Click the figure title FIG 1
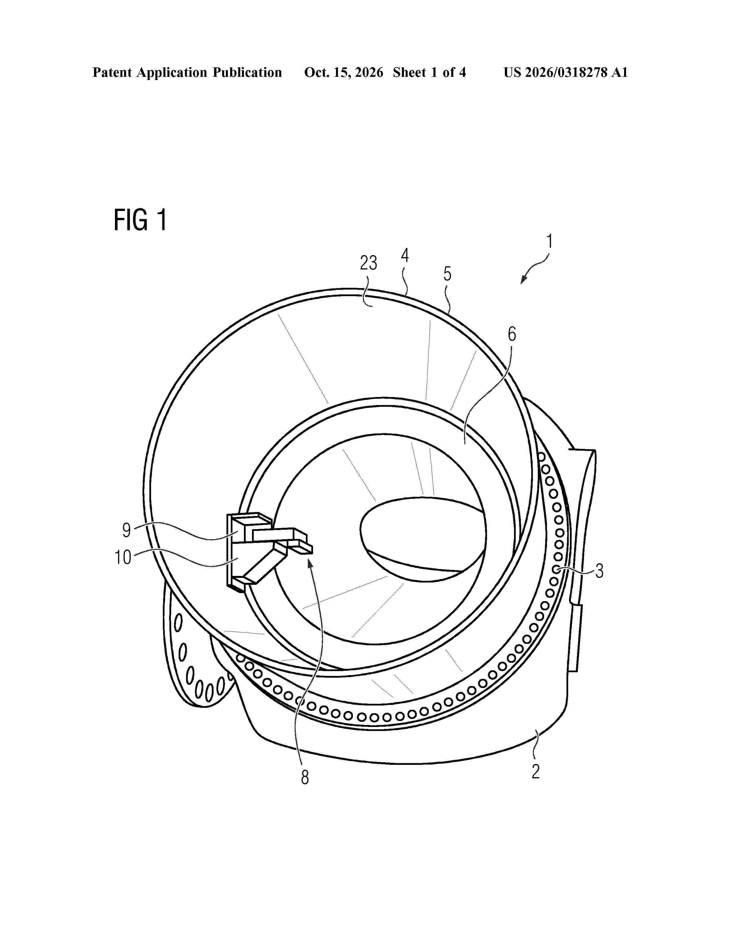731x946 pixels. point(140,220)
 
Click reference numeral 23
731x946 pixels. point(369,263)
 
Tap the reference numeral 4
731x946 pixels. point(405,255)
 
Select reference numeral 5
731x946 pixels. point(447,274)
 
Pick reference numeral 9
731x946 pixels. point(126,530)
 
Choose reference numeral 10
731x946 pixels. point(123,558)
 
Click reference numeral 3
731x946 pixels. point(599,571)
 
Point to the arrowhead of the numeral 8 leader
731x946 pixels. point(310,563)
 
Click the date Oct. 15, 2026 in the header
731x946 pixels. point(343,72)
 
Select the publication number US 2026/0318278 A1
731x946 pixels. point(566,72)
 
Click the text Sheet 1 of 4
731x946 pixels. point(429,72)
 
